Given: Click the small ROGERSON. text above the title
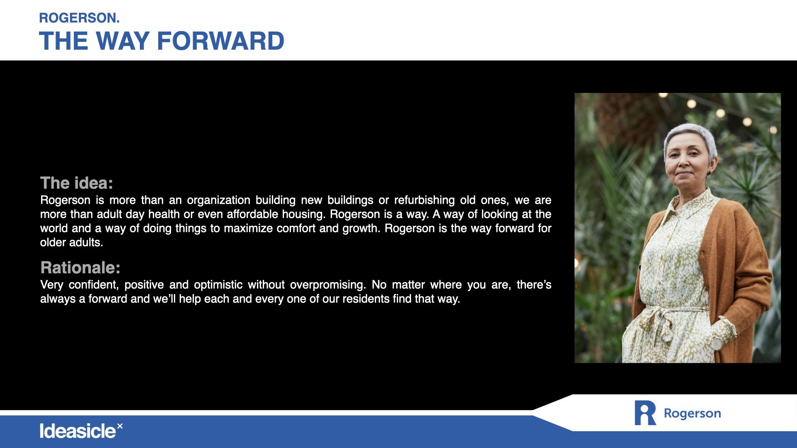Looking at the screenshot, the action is (x=79, y=18).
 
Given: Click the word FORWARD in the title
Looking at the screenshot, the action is (x=220, y=41).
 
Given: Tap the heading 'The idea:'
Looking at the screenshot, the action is (x=76, y=183).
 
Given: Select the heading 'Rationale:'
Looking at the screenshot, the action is (x=80, y=268).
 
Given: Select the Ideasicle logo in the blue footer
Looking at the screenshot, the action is (x=81, y=431).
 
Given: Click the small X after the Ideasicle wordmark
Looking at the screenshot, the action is (x=120, y=426).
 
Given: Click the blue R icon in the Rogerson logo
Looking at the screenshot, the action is (x=645, y=413).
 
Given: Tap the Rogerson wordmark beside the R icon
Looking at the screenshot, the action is (x=692, y=414).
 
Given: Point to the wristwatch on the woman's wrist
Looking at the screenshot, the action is (x=717, y=343).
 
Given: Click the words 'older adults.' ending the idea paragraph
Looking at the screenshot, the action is (x=71, y=242).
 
